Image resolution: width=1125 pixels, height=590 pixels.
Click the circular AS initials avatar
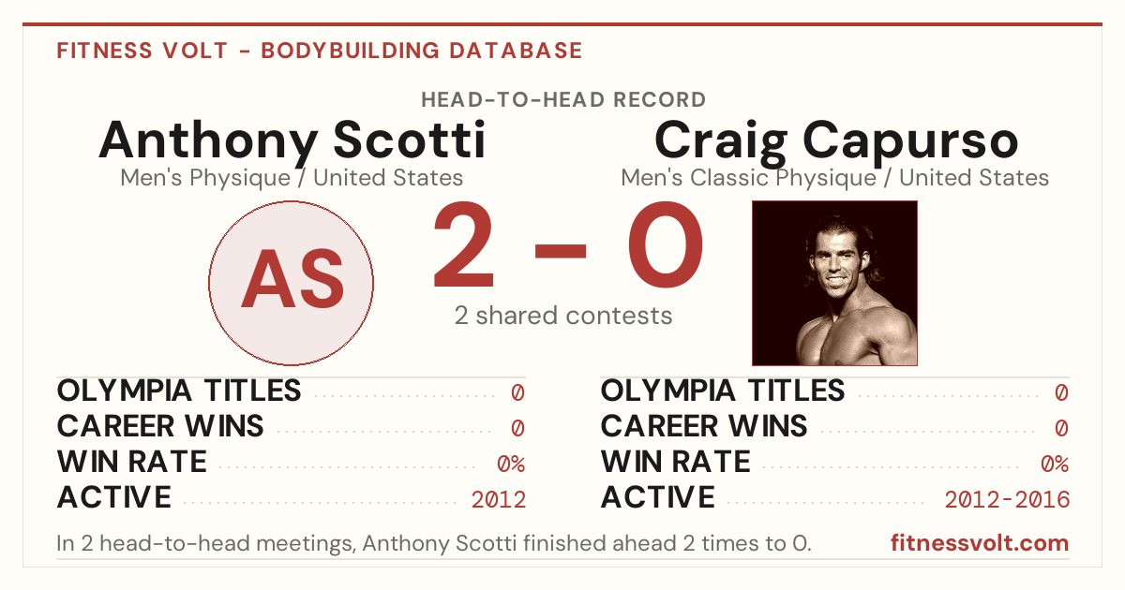(x=291, y=283)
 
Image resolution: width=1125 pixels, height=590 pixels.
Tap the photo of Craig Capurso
(x=834, y=283)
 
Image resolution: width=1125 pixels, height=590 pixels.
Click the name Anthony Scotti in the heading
(x=292, y=141)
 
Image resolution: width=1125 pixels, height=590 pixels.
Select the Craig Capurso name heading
(x=836, y=142)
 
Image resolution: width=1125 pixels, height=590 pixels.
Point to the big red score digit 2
(x=463, y=244)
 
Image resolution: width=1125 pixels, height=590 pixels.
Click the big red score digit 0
(x=665, y=244)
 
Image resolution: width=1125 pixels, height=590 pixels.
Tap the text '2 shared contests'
(x=563, y=316)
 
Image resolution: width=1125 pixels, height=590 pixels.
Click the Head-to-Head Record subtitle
(x=563, y=100)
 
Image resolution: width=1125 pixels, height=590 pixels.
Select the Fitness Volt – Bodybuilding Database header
(x=320, y=51)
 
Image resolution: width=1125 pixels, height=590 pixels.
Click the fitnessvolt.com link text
(x=980, y=543)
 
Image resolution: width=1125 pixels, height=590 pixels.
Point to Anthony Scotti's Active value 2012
(x=498, y=500)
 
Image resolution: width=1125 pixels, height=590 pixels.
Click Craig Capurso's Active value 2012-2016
(x=1007, y=500)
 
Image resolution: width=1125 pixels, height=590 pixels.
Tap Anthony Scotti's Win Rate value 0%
(x=511, y=465)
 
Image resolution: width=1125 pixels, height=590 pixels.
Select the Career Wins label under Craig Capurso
(x=704, y=426)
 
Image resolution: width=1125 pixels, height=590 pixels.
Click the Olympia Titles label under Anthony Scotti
(x=179, y=391)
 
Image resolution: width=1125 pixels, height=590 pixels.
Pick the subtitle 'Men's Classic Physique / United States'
(x=834, y=178)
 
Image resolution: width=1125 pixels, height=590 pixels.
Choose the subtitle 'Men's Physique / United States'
(x=292, y=178)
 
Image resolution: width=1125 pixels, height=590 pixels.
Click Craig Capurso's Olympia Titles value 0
(x=1061, y=392)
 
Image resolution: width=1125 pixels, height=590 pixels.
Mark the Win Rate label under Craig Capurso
(x=676, y=462)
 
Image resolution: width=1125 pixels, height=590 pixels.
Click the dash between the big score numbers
(x=561, y=251)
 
